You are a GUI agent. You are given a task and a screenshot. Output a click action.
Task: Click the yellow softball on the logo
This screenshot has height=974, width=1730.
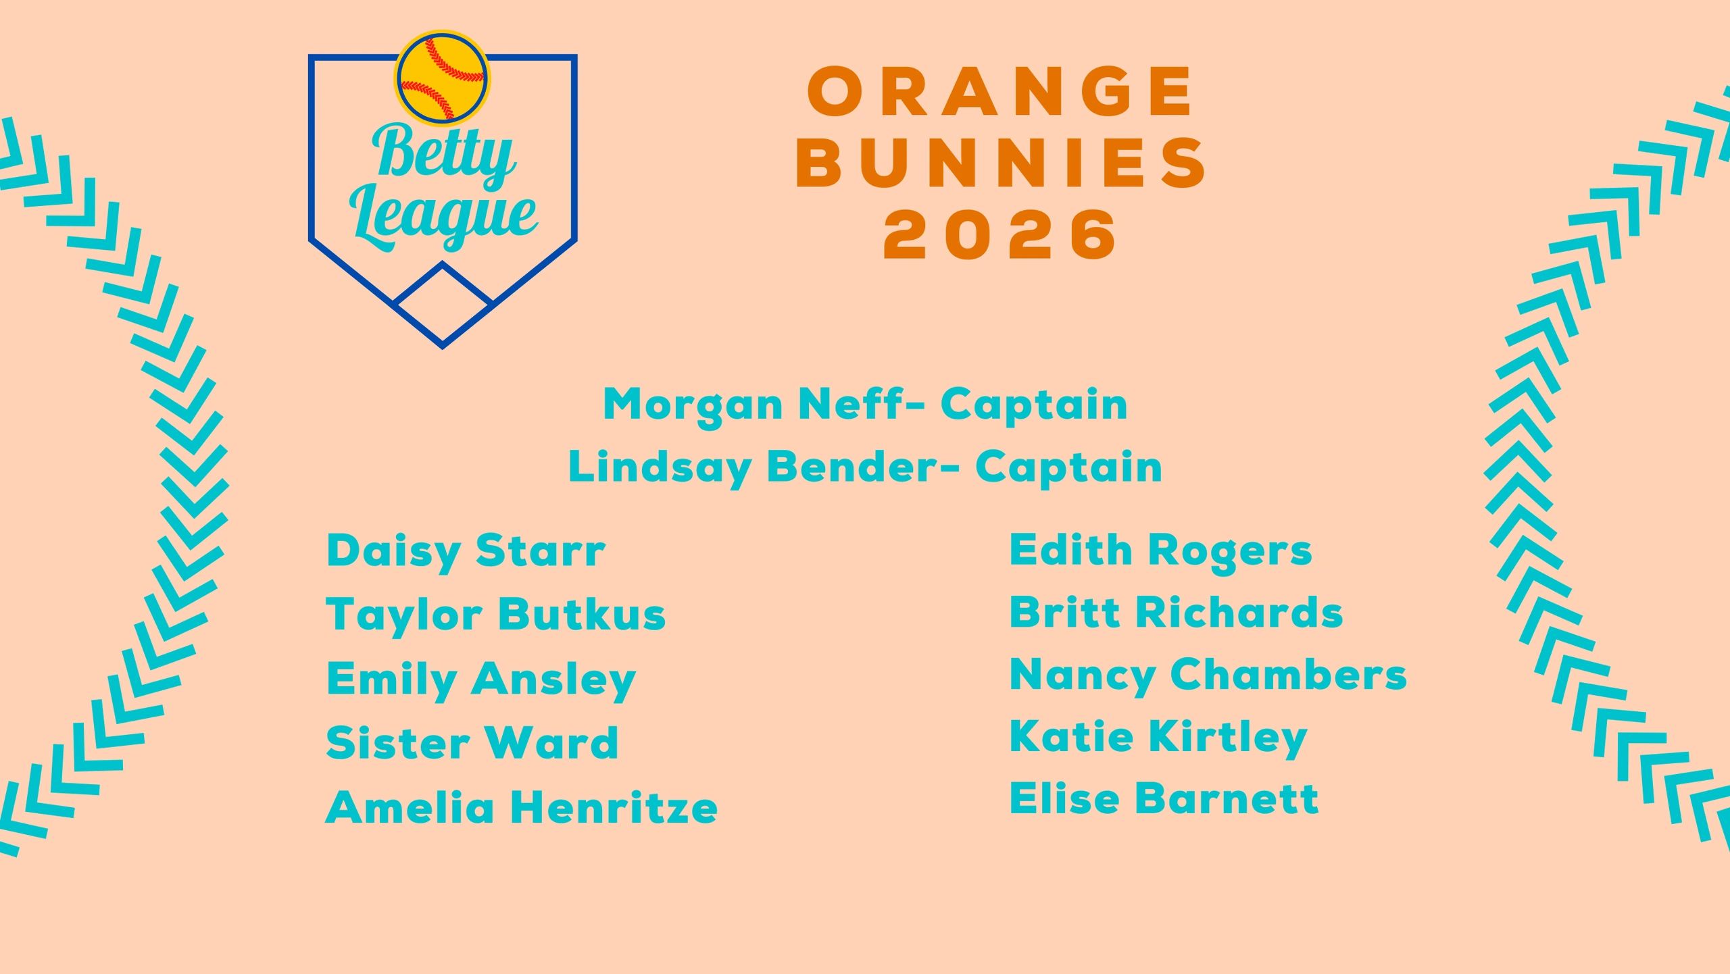click(x=443, y=78)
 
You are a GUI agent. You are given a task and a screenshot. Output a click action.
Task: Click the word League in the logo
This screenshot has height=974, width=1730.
click(x=443, y=217)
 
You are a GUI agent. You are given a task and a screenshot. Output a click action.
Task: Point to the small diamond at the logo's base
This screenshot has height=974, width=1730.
click(x=443, y=303)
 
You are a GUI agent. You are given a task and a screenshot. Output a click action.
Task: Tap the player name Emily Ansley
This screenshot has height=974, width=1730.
click(x=481, y=680)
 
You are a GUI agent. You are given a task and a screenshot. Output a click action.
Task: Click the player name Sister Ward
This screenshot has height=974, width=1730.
click(x=472, y=744)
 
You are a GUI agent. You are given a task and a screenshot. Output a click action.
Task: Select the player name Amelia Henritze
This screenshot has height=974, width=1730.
click(x=522, y=808)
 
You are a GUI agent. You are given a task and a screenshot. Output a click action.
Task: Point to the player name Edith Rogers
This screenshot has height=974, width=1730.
click(x=1161, y=551)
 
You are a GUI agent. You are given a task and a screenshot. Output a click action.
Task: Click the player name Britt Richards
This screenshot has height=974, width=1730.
click(x=1177, y=613)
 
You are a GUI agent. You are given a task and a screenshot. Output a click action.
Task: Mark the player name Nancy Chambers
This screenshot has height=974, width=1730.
click(x=1208, y=675)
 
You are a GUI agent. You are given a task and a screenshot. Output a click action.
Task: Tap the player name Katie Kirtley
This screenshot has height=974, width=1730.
click(x=1158, y=738)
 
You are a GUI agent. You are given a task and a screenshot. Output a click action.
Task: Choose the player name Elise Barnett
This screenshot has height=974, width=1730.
click(x=1164, y=799)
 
